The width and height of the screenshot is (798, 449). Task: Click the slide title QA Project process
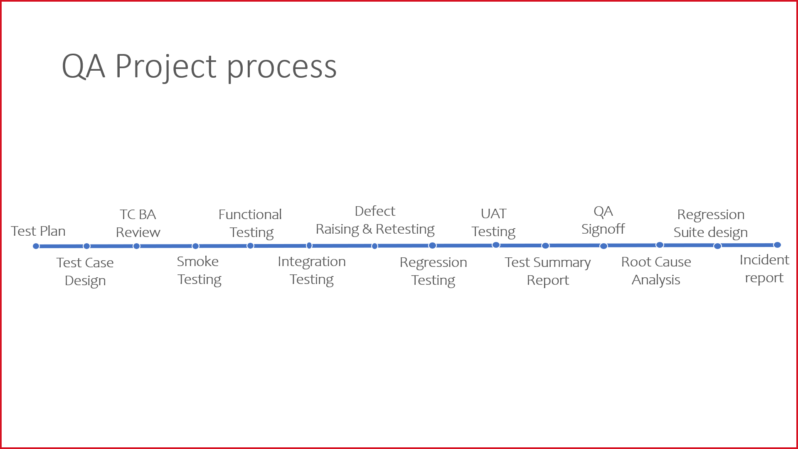pyautogui.click(x=199, y=67)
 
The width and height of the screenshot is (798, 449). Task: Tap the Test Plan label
pyautogui.click(x=38, y=231)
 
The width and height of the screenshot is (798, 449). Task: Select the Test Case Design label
pyautogui.click(x=85, y=272)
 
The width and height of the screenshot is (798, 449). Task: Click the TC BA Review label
pyautogui.click(x=138, y=223)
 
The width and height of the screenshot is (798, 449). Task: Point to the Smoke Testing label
pyautogui.click(x=199, y=271)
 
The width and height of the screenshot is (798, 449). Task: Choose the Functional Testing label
pyautogui.click(x=250, y=224)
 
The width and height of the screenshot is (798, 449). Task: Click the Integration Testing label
pyautogui.click(x=312, y=271)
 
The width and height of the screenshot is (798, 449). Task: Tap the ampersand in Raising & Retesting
pyautogui.click(x=367, y=229)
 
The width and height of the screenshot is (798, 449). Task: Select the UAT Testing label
pyautogui.click(x=493, y=223)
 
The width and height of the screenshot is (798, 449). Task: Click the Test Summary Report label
pyautogui.click(x=548, y=271)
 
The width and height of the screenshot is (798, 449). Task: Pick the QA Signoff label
pyautogui.click(x=603, y=220)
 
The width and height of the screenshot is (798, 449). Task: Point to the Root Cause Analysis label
pyautogui.click(x=656, y=271)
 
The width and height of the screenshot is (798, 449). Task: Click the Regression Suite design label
pyautogui.click(x=711, y=224)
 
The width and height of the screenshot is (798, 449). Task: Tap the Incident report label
pyautogui.click(x=764, y=269)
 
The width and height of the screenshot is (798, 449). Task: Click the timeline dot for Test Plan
pyautogui.click(x=36, y=246)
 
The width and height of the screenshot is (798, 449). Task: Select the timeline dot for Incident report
pyautogui.click(x=777, y=245)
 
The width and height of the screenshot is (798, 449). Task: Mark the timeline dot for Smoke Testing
pyautogui.click(x=195, y=246)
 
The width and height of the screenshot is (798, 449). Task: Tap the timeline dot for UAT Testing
pyautogui.click(x=496, y=245)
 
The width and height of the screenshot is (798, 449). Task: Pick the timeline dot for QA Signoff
pyautogui.click(x=603, y=246)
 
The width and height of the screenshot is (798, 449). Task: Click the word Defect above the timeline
pyautogui.click(x=375, y=211)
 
